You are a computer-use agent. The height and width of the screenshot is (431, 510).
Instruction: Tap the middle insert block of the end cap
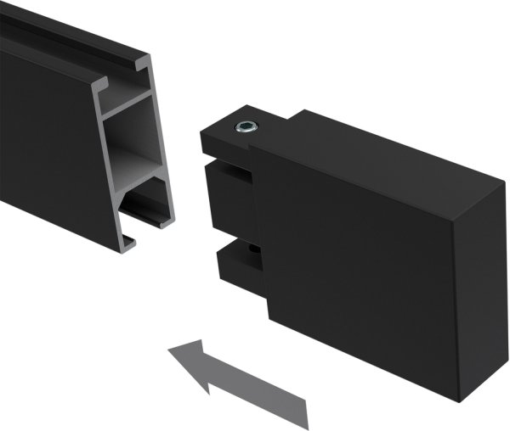click(228, 199)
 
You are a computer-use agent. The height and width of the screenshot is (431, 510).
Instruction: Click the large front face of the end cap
click(357, 263)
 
